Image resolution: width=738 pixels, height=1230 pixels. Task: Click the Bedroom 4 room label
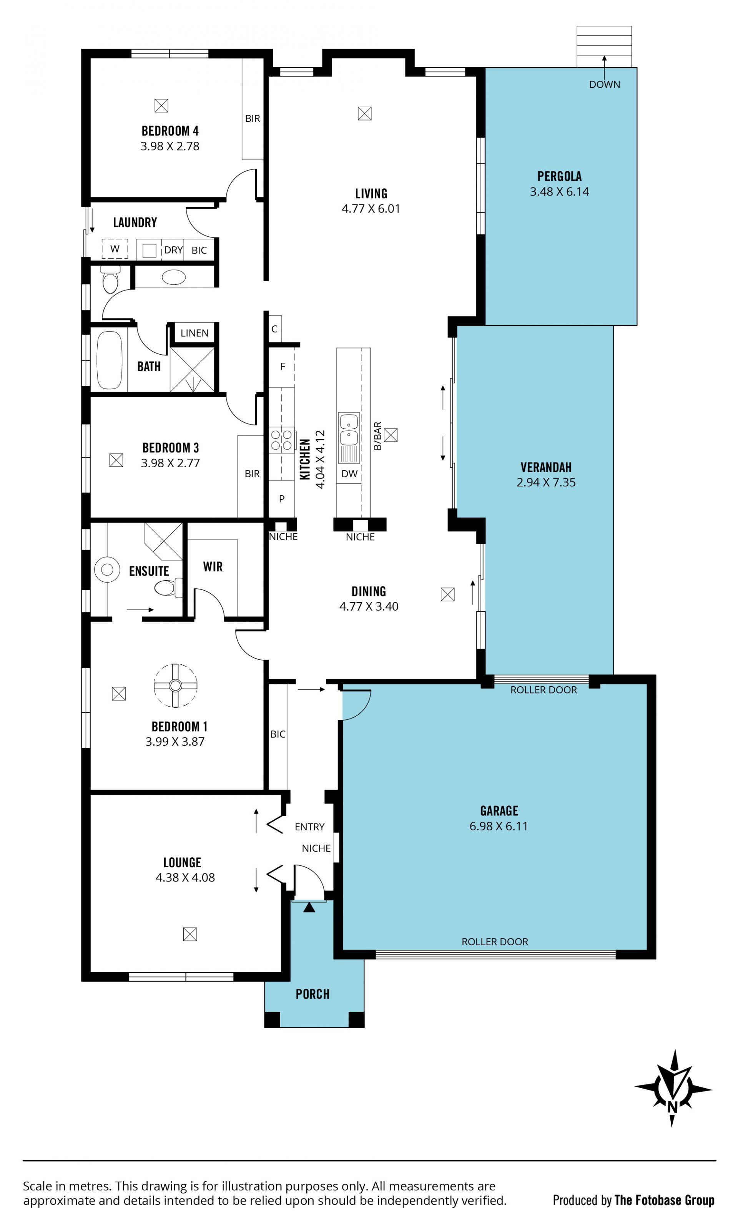(x=170, y=131)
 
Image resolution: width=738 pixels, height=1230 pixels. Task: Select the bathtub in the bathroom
(x=110, y=360)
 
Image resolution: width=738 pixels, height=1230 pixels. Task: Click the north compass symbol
(x=673, y=1088)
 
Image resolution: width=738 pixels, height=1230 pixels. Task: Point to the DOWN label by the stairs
(x=604, y=85)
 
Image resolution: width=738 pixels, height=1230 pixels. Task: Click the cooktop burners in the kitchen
(x=281, y=440)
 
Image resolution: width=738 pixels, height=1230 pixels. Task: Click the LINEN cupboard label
(x=194, y=333)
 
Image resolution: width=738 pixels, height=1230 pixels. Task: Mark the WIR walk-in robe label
(x=213, y=567)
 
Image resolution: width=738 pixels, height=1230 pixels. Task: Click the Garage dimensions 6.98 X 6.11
(x=499, y=826)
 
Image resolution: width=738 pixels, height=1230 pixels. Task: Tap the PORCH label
(x=312, y=994)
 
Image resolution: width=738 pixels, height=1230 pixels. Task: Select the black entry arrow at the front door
(x=309, y=907)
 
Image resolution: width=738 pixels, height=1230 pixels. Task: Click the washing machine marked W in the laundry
(x=115, y=249)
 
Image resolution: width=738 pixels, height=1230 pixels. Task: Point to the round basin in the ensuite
(x=107, y=570)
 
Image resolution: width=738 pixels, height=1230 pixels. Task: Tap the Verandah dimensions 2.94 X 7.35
(x=546, y=482)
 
